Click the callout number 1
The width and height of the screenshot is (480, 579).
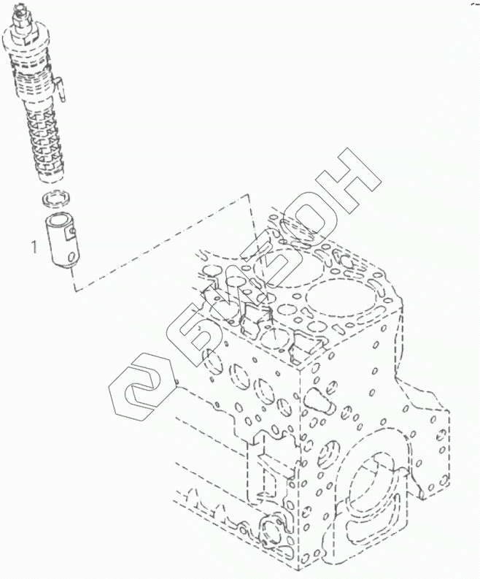[x=33, y=247]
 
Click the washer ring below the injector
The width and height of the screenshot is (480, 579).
[x=54, y=197]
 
